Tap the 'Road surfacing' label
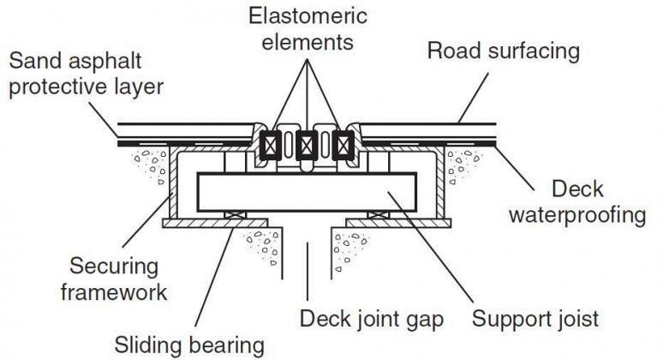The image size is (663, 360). click(503, 51)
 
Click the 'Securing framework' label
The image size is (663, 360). click(112, 279)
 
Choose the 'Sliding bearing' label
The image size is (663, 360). click(190, 345)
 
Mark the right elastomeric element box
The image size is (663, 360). click(344, 145)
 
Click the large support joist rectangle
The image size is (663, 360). click(307, 192)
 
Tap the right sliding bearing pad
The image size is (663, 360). click(377, 214)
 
